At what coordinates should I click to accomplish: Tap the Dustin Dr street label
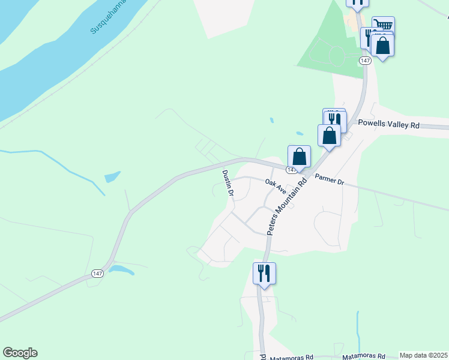pos(227,183)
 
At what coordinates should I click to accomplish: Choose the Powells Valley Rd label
pos(388,124)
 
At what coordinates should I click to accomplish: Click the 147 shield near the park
pos(364,61)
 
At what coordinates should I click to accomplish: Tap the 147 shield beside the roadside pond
pos(97,273)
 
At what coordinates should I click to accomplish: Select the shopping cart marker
pos(383,26)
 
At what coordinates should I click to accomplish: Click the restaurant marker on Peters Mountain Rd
pos(264,274)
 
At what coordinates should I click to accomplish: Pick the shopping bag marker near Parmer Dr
pos(299,157)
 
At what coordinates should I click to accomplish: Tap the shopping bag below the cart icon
pos(382,45)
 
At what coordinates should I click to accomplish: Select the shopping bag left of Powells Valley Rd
pos(330,135)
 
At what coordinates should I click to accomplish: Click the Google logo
pos(20,353)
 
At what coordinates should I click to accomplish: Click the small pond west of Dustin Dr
pos(112,177)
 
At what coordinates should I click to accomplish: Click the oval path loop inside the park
pos(334,56)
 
